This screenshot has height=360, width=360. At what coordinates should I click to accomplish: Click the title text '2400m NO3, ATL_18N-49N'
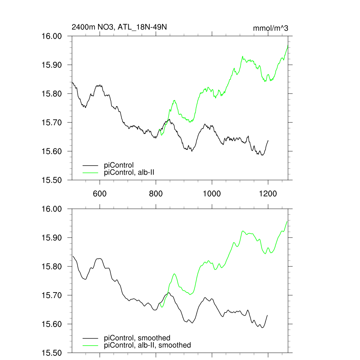119,27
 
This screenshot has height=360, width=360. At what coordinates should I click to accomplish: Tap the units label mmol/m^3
271,28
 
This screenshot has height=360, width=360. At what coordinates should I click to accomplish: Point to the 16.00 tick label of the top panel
52,36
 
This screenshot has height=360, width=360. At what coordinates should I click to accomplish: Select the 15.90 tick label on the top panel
52,65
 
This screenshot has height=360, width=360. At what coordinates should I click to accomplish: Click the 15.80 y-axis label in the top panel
52,94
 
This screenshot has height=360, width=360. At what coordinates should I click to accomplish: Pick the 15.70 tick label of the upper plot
52,123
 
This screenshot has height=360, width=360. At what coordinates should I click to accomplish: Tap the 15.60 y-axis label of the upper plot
52,152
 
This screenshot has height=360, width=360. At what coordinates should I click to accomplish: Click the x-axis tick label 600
100,194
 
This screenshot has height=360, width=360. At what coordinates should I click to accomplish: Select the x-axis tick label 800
156,194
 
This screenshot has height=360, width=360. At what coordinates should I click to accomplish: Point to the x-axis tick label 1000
212,194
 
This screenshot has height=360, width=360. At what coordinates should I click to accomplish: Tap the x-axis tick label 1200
268,194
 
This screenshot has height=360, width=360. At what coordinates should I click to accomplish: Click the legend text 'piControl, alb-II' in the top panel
129,172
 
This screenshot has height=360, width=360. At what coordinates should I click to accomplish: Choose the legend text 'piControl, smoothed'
137,338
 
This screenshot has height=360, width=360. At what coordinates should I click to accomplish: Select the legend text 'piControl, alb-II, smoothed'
148,345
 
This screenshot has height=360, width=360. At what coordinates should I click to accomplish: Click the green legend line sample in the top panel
91,172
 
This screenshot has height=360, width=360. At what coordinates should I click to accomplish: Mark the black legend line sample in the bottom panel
91,338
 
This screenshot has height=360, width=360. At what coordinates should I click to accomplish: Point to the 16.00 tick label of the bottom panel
52,209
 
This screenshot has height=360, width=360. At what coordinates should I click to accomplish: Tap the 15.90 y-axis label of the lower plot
52,238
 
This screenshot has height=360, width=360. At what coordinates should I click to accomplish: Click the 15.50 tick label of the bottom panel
52,353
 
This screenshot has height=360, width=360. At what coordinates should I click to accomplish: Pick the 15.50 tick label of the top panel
52,180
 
